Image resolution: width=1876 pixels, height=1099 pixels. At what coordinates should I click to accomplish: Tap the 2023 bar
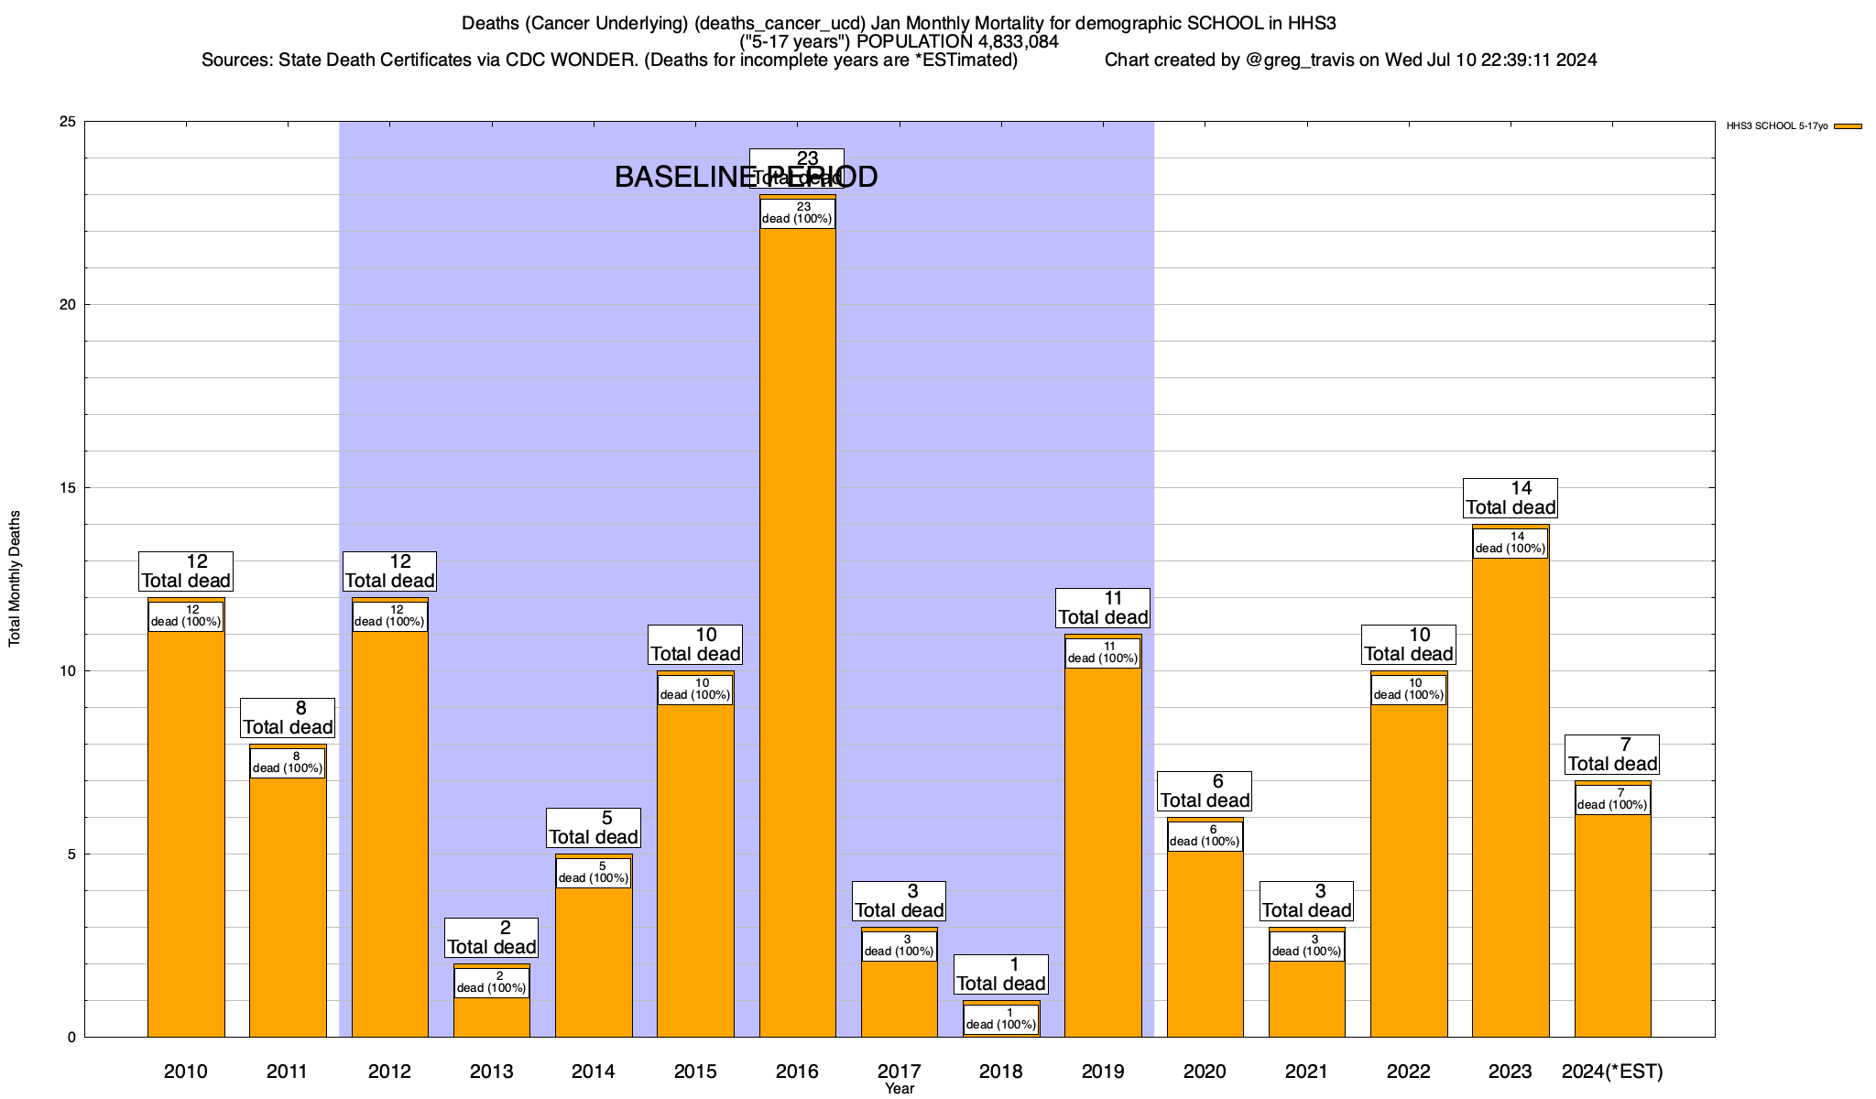(1511, 797)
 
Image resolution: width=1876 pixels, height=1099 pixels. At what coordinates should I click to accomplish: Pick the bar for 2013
(492, 1017)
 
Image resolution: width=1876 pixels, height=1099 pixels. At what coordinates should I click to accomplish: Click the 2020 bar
(1205, 943)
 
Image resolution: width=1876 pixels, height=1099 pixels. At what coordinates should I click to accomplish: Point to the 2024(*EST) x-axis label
(1612, 1072)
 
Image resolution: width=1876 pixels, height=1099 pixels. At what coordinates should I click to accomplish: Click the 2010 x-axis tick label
(186, 1072)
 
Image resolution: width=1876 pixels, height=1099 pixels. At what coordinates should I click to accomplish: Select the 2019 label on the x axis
(1103, 1072)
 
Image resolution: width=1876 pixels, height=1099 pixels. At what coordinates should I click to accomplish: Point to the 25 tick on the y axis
(68, 122)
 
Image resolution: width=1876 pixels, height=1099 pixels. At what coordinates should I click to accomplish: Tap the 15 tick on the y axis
(68, 488)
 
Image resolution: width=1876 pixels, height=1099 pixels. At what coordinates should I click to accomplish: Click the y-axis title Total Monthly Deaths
(15, 579)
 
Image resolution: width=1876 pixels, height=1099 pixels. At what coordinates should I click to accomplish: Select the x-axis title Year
(900, 1089)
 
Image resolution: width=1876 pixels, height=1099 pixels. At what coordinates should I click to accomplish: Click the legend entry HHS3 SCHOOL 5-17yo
(1777, 126)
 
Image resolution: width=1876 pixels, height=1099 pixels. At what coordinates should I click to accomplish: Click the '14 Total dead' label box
(1511, 498)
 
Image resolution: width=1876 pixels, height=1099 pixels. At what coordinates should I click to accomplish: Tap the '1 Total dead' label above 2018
(1000, 974)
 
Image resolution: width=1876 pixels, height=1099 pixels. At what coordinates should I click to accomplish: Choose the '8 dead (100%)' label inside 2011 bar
(288, 763)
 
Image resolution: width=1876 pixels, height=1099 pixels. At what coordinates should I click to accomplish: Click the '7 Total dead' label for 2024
(1612, 755)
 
